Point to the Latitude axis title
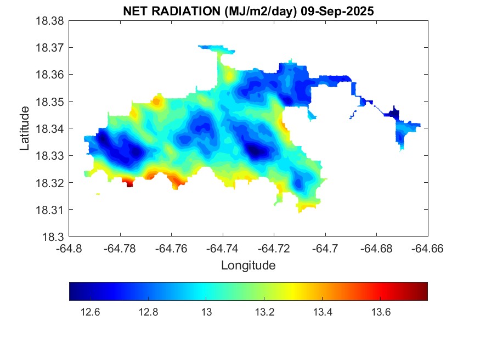(25, 129)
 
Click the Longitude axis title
(248, 266)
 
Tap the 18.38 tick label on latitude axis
(50, 21)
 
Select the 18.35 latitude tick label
(50, 102)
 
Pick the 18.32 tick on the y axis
(50, 183)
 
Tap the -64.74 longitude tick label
(223, 248)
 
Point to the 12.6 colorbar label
(90, 312)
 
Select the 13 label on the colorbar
(206, 312)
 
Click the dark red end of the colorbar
(423, 291)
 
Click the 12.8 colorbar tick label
(148, 312)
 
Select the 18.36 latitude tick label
(50, 75)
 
